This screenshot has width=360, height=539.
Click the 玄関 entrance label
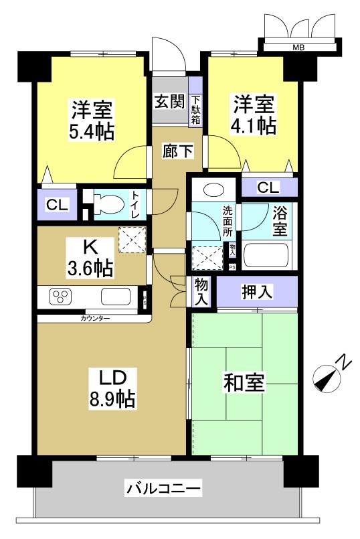[x=170, y=102]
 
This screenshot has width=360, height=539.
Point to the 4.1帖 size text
[x=254, y=125]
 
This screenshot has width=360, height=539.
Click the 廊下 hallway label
[x=178, y=151]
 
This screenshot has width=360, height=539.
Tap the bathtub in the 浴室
[x=267, y=256]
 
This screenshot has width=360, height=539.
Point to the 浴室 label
[x=280, y=222]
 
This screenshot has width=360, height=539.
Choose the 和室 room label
[x=244, y=384]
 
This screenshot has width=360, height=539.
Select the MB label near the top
[x=296, y=48]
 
